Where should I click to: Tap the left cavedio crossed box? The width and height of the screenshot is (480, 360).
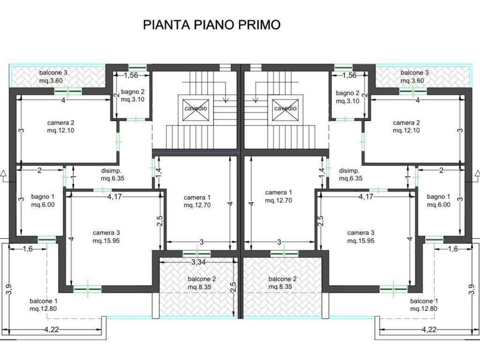point(195,110)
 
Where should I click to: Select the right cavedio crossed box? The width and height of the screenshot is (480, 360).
point(285,110)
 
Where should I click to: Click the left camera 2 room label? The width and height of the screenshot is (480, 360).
point(60,127)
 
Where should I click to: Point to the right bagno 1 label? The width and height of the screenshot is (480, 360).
point(438,201)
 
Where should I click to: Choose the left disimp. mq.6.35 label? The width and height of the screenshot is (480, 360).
point(112,174)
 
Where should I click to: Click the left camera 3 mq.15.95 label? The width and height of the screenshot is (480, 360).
point(106,237)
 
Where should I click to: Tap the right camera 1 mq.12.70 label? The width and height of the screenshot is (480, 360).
point(278,196)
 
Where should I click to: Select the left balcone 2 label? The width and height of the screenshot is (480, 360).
point(202,283)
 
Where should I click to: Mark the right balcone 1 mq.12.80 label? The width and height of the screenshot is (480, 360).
point(424,305)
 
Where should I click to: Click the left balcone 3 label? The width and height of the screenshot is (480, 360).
point(53,76)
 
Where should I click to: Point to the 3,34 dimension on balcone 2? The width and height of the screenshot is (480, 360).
point(198,262)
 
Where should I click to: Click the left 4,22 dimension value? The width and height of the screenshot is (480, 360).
point(52,330)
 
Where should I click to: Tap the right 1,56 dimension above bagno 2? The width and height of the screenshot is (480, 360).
point(349,75)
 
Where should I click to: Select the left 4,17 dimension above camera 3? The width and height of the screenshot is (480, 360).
point(114,196)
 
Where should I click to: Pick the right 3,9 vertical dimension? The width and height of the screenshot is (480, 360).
point(472,290)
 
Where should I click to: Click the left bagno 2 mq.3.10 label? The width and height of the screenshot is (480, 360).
point(133,96)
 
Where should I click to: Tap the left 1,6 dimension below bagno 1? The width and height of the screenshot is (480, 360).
point(28,249)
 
